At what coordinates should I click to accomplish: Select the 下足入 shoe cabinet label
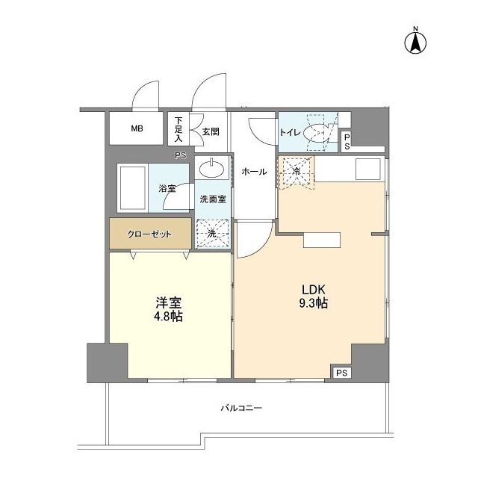(x=179, y=128)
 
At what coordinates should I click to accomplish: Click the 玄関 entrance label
(x=210, y=131)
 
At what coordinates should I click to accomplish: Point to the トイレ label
(x=290, y=132)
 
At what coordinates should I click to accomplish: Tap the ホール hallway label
(x=254, y=172)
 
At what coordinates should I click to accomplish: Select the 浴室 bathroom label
(x=167, y=188)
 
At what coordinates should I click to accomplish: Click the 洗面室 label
(x=213, y=199)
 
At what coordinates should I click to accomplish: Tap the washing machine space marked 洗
(x=212, y=233)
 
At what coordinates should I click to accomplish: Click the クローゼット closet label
(x=149, y=235)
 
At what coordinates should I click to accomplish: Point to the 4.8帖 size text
(x=169, y=317)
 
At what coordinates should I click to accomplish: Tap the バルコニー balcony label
(x=241, y=409)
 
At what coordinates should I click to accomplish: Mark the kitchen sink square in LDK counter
(x=367, y=170)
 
